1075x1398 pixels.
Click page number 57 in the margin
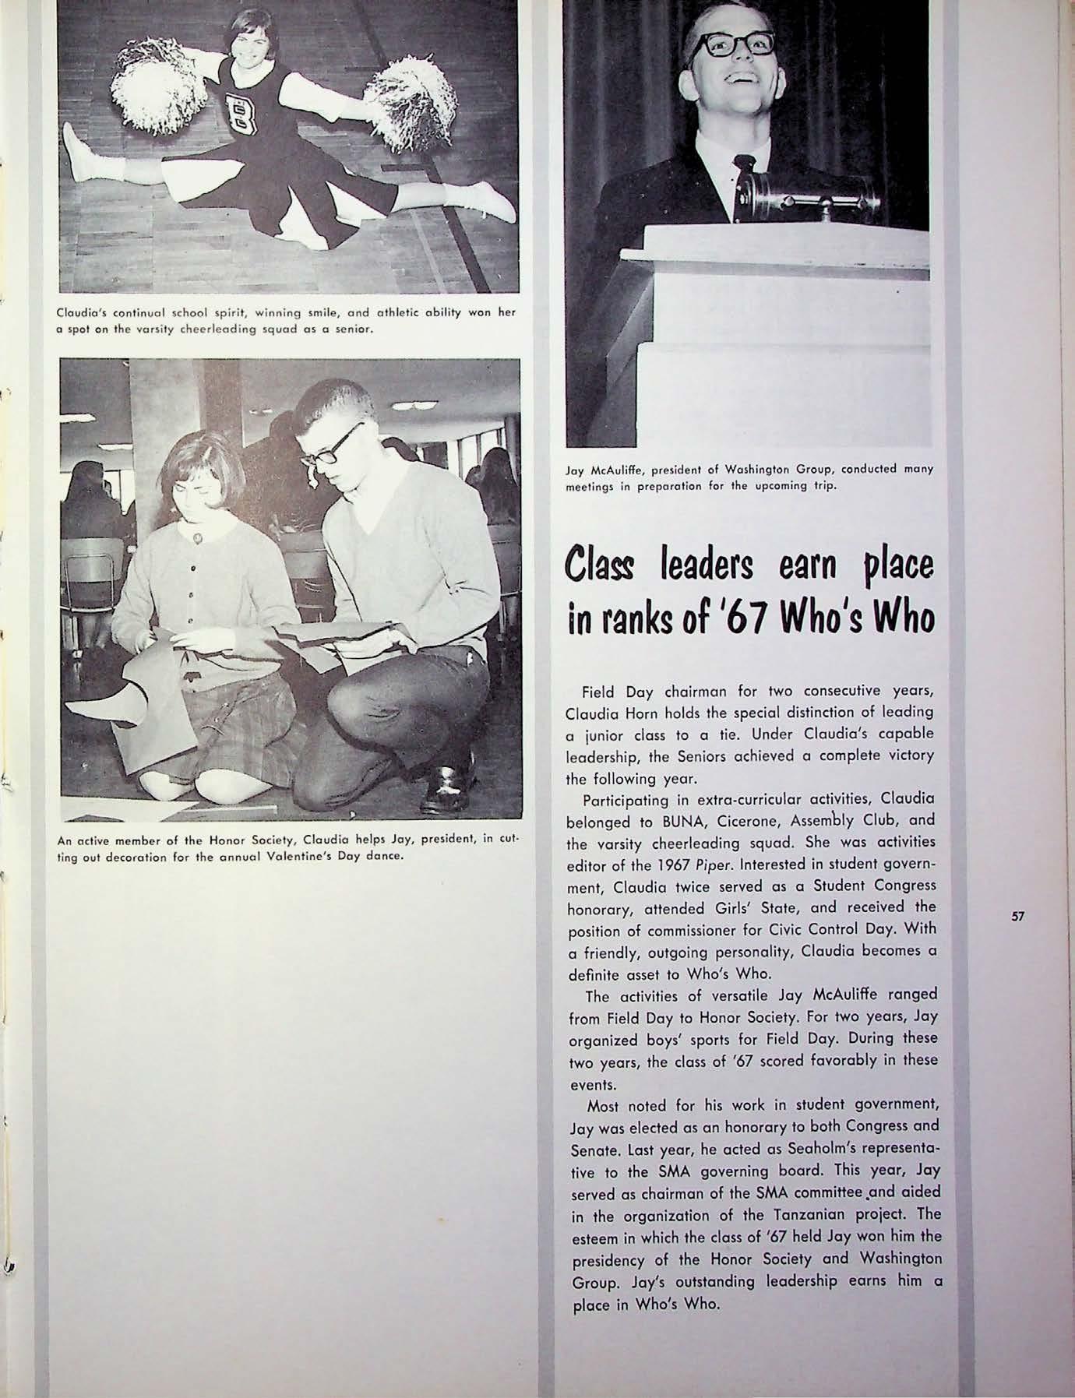[1017, 917]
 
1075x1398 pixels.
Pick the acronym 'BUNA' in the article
[681, 821]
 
